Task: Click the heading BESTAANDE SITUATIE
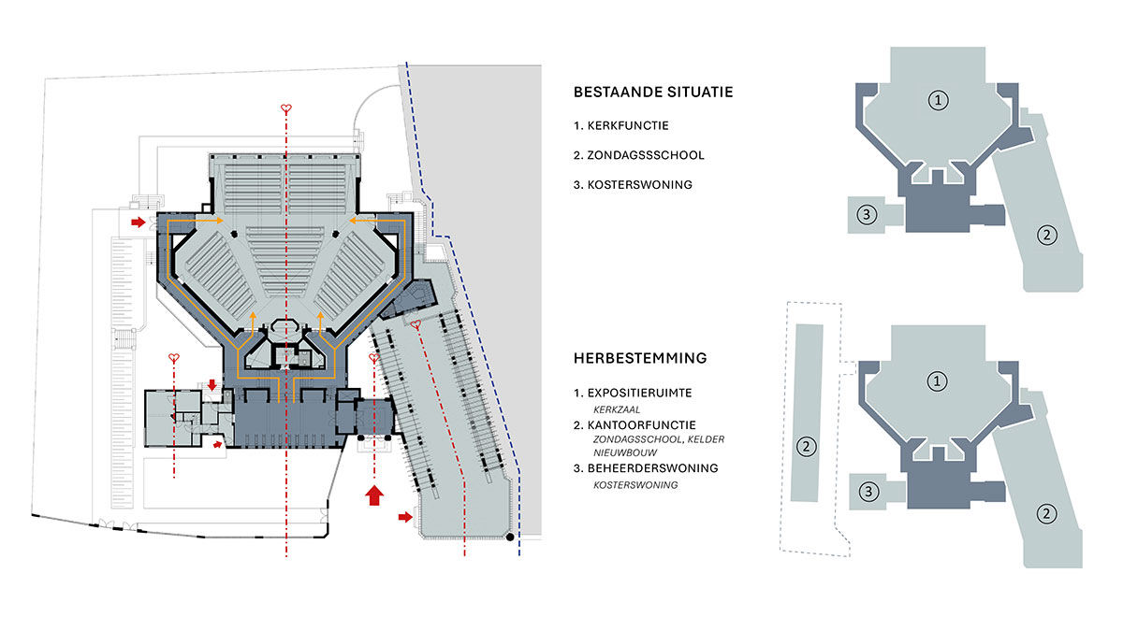click(652, 93)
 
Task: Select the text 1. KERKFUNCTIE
click(621, 124)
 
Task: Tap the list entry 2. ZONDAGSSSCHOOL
click(639, 154)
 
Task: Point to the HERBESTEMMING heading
click(640, 358)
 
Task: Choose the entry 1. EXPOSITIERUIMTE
click(639, 392)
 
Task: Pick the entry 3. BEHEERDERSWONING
click(645, 467)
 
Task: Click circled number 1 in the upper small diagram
click(937, 99)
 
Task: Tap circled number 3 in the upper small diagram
click(868, 215)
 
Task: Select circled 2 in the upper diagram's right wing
click(1044, 234)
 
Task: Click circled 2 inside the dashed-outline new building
click(806, 447)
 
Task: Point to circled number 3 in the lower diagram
click(868, 491)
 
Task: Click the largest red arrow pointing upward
click(374, 495)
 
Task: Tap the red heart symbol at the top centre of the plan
click(286, 109)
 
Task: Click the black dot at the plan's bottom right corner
click(509, 538)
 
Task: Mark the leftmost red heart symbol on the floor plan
click(174, 358)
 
